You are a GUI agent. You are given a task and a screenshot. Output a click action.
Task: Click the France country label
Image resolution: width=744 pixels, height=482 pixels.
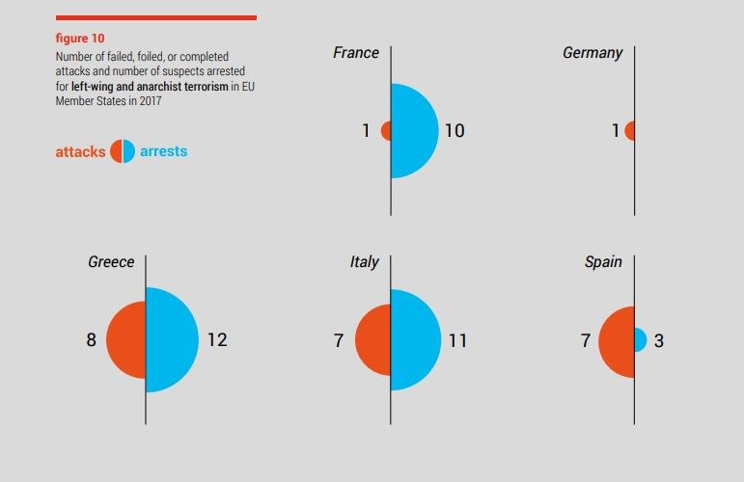[x=356, y=53]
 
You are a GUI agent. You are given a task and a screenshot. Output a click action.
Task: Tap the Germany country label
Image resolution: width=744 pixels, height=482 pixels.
[x=592, y=53]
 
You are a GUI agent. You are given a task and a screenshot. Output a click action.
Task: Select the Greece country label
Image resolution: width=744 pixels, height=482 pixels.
[x=111, y=262]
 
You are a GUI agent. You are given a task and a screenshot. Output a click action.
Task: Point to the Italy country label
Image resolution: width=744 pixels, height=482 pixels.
[x=364, y=262]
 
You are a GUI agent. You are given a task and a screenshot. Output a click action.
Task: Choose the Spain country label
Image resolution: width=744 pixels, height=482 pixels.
[x=603, y=262]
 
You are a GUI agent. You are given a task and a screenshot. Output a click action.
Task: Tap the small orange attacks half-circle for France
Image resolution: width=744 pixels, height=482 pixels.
[x=387, y=130]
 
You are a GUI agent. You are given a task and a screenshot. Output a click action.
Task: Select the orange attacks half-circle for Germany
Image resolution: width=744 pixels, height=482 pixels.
[x=630, y=130]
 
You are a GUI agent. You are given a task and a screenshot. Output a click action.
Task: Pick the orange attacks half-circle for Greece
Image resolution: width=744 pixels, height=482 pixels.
[x=126, y=339]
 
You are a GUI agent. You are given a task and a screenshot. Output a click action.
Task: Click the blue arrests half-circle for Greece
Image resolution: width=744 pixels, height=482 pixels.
[x=172, y=339]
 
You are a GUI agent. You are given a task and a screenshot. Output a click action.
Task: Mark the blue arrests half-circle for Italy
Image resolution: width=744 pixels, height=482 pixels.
[x=415, y=339]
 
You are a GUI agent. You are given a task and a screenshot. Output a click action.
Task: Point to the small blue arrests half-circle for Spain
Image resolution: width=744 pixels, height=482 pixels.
[x=640, y=339]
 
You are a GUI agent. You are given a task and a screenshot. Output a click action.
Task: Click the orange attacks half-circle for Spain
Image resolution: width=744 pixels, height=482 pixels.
[x=617, y=340]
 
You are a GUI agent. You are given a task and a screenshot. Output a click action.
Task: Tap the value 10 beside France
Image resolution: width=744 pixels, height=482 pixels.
[x=454, y=130]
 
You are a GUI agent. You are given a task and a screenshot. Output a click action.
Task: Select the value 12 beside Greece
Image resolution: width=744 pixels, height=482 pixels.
[x=217, y=339]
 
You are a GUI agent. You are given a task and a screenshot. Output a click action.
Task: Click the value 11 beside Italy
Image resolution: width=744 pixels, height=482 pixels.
[x=456, y=340]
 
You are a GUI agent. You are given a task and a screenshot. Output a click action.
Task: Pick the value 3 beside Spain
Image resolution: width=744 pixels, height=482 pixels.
[x=659, y=340]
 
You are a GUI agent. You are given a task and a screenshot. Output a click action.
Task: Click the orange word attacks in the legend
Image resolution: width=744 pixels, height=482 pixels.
[x=80, y=151]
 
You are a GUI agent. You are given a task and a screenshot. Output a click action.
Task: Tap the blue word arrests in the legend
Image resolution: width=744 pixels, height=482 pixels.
[x=163, y=151]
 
